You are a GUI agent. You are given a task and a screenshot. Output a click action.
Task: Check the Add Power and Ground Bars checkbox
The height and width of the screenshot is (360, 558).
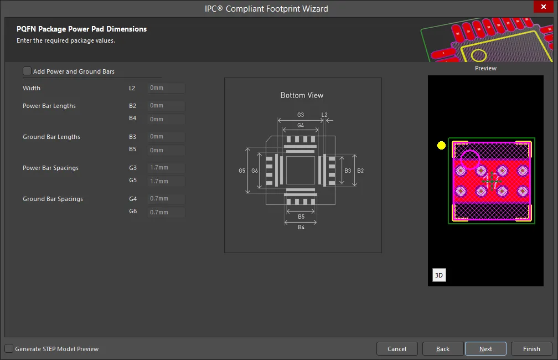pos(27,71)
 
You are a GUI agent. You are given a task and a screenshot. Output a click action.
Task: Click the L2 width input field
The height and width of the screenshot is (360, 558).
pos(166,88)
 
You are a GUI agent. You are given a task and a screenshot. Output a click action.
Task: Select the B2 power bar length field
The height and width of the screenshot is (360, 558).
pos(166,106)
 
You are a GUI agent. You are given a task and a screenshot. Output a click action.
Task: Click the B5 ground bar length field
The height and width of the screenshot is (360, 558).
pos(166,150)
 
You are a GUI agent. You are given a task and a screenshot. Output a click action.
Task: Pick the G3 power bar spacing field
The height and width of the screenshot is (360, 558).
pos(166,168)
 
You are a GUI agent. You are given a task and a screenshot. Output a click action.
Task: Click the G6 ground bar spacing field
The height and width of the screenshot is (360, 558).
pos(166,212)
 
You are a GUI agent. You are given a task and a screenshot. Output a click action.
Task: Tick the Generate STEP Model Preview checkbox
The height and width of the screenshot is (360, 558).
pos(9,348)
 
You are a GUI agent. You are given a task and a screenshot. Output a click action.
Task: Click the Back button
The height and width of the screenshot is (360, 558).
pos(443,349)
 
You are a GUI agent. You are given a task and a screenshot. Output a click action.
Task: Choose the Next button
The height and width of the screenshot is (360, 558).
pos(485,349)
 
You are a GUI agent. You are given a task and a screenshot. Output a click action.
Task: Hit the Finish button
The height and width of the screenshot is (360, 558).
pos(531,349)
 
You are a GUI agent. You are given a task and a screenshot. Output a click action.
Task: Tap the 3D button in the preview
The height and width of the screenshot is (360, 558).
pos(439,275)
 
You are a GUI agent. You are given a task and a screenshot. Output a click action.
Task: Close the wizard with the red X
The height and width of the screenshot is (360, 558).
pos(544,7)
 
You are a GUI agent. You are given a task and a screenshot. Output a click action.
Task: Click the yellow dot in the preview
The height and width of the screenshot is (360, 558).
pos(441,145)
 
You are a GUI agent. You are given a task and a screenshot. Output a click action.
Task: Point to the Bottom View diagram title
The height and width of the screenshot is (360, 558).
pos(302,95)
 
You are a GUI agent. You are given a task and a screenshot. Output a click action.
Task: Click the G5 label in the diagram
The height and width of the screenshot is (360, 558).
pos(242,171)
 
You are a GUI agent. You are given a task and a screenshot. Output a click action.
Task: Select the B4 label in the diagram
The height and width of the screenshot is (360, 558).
pos(301,227)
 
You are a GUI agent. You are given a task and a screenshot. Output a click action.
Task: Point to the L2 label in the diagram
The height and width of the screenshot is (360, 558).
pos(324,115)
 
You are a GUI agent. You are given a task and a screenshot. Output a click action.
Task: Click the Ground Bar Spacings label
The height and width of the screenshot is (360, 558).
pos(53,199)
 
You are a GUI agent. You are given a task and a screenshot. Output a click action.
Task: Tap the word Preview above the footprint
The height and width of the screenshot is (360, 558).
pos(485,68)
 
